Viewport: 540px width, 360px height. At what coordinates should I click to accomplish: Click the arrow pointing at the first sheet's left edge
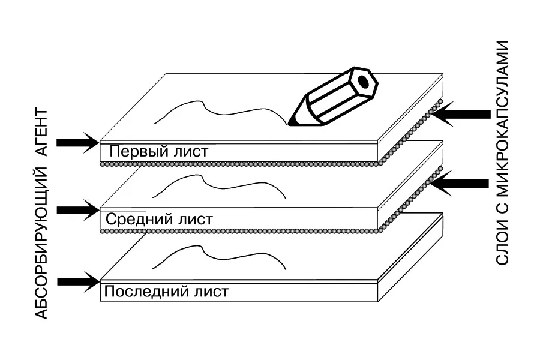pos(77,142)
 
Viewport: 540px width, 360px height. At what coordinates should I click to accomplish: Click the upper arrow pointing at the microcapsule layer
pos(461,114)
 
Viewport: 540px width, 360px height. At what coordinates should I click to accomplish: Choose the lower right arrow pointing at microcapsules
pos(461,184)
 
